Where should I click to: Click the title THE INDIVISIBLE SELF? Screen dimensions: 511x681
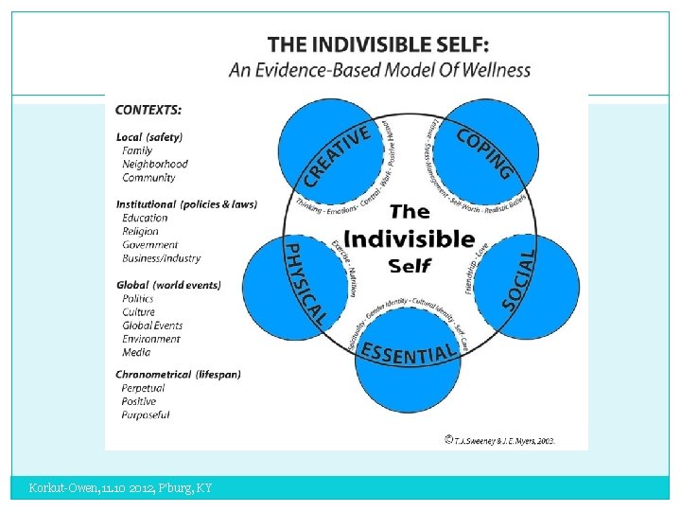pos(378,44)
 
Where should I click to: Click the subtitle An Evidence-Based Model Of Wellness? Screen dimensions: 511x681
pos(379,70)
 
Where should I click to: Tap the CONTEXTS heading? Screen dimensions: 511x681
pos(149,111)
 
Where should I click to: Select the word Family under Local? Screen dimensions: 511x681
pos(137,150)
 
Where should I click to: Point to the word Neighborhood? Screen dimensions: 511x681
pos(155,164)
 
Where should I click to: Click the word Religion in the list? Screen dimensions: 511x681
pos(141,231)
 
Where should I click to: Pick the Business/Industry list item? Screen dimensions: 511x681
pos(162,258)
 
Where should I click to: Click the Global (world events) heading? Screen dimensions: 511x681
pos(168,285)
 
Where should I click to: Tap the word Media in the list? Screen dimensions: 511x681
pos(136,352)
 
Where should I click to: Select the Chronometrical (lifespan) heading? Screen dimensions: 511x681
pos(178,374)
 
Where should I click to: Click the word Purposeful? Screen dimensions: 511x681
pos(147,414)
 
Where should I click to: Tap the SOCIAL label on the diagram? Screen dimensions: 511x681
pos(520,278)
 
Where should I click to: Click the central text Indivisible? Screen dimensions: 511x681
pos(409,238)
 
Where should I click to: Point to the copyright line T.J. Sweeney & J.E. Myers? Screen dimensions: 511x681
pos(499,440)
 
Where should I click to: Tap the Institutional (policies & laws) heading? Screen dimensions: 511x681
pos(186,204)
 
